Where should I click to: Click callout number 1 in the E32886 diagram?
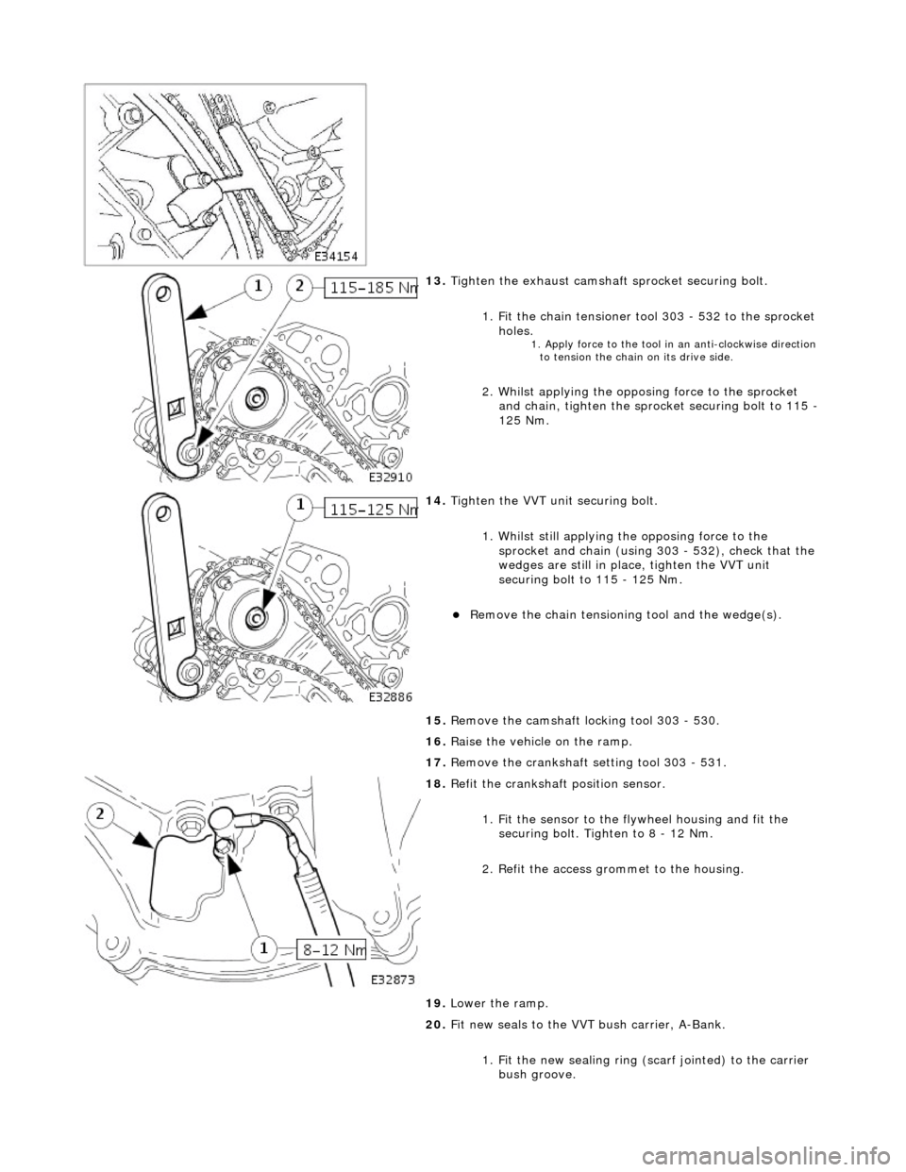pyautogui.click(x=299, y=508)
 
